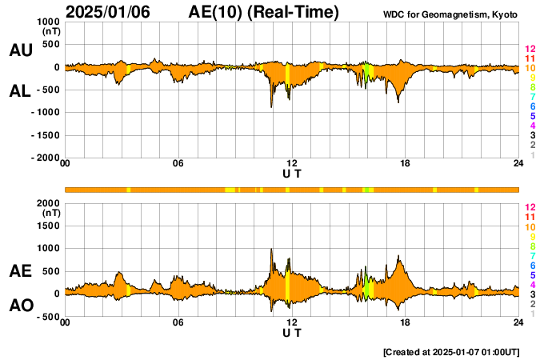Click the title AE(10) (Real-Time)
264,12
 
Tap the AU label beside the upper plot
21,50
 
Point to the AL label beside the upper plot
21,91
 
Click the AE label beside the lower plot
21,272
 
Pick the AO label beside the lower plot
21,306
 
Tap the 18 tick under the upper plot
405,164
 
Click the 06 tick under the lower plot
178,322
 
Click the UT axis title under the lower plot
292,332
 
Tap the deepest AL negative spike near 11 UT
272,106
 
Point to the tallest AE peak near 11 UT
272,250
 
